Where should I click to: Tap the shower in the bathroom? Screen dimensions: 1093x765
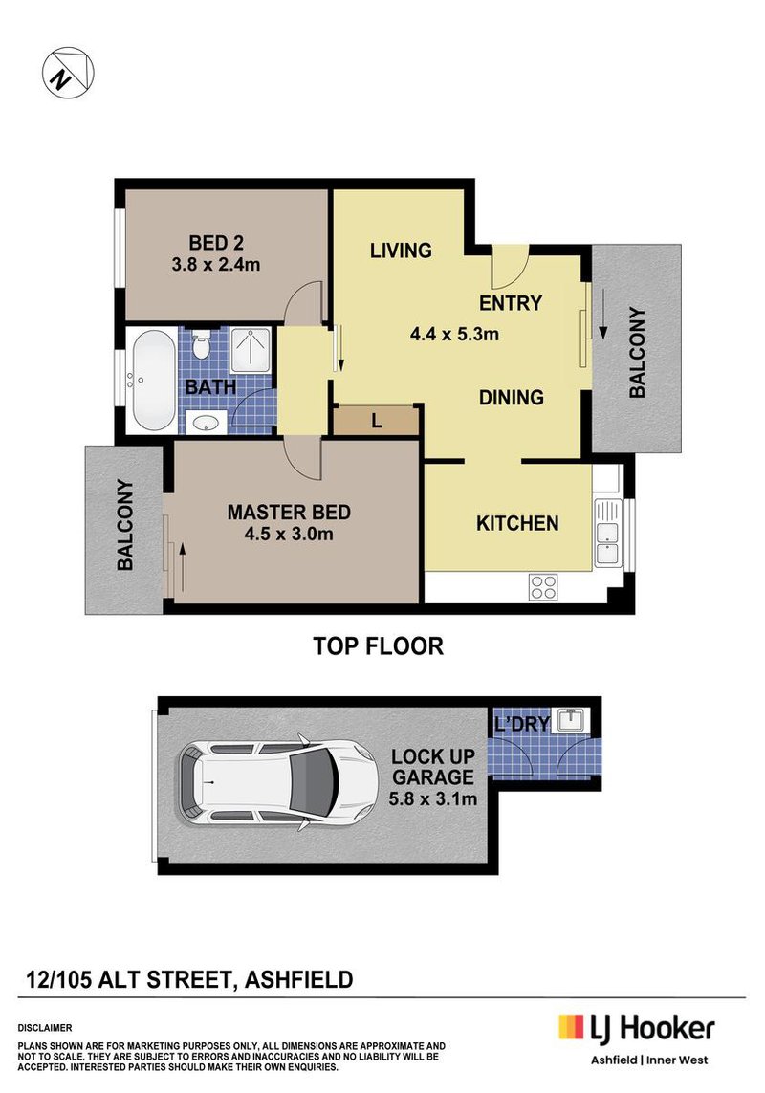coord(251,350)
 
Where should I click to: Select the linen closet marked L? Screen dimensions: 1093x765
coord(376,420)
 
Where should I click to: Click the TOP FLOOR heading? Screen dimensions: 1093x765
coord(379,646)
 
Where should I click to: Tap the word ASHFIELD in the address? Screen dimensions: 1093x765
coord(299,979)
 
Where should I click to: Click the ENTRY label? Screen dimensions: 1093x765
coord(511,303)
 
